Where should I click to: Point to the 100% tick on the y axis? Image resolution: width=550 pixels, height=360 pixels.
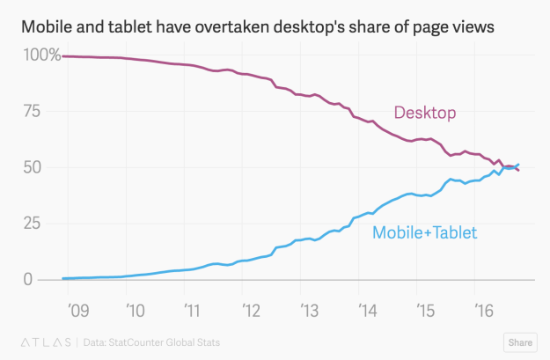click(41, 55)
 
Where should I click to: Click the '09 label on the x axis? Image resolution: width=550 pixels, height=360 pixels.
click(77, 310)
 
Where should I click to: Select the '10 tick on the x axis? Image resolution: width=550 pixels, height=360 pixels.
click(135, 310)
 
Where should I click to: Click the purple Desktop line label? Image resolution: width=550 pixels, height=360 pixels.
click(426, 113)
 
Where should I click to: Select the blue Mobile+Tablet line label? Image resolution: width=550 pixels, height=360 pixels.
click(424, 233)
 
